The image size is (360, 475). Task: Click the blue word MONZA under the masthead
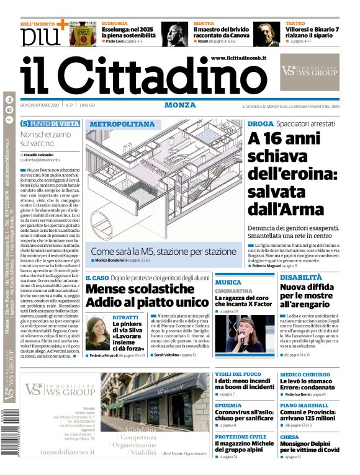pos(180,105)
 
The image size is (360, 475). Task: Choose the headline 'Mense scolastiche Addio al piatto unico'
pos(147,295)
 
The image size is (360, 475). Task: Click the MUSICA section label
pos(228,282)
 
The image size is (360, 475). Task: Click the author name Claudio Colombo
pos(38,154)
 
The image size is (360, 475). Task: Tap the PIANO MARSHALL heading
pos(305,405)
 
